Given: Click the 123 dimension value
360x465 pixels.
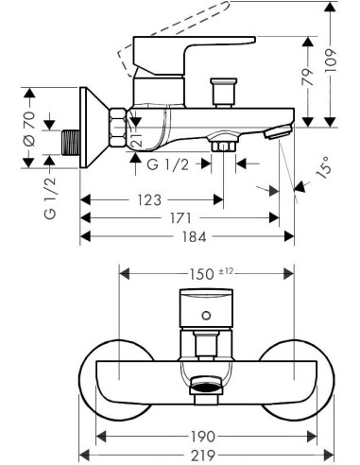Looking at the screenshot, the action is pyautogui.click(x=149, y=200).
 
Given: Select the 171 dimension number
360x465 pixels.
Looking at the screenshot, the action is pyautogui.click(x=180, y=218).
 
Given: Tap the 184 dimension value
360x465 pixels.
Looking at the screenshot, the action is pyautogui.click(x=195, y=236).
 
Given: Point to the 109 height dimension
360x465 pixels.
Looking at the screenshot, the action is pyautogui.click(x=331, y=61).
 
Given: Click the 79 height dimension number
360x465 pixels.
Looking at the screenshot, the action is pyautogui.click(x=308, y=77).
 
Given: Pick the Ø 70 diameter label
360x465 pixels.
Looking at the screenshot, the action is pyautogui.click(x=29, y=129).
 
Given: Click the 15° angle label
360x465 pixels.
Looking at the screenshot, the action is pyautogui.click(x=323, y=168).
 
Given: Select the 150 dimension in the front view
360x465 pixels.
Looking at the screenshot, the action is pyautogui.click(x=201, y=274).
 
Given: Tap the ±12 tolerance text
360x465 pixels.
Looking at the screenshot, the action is pyautogui.click(x=226, y=271).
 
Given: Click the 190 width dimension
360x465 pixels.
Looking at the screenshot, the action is pyautogui.click(x=203, y=437).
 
